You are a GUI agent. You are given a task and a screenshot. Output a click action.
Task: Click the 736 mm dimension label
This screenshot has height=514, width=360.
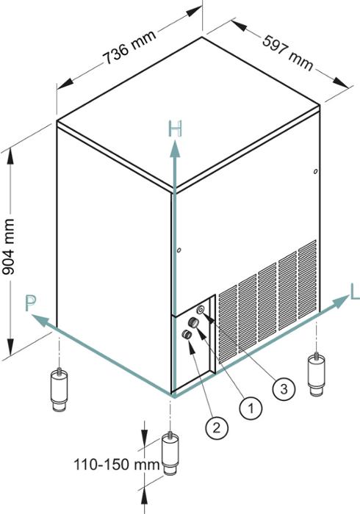tap(129, 48)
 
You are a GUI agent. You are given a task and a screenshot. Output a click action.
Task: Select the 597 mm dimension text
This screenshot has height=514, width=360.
tap(288, 53)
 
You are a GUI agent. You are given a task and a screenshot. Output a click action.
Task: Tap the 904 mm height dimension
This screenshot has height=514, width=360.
tap(8, 247)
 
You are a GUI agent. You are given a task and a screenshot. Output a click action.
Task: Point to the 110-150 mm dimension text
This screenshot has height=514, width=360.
tap(117, 465)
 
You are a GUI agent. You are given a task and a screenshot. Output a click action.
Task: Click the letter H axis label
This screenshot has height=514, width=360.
tap(175, 128)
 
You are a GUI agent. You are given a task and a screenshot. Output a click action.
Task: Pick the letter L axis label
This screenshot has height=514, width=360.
tap(355, 292)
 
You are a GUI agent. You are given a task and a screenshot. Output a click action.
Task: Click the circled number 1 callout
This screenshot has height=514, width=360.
tap(251, 408)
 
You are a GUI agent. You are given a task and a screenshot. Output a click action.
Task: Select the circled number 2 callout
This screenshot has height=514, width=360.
tap(217, 427)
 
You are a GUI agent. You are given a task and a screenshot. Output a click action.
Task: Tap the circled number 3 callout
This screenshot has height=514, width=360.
tap(284, 388)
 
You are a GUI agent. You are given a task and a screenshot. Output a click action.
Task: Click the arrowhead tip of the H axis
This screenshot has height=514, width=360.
tap(175, 140)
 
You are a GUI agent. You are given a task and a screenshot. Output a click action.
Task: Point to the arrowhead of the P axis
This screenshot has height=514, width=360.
tap(32, 315)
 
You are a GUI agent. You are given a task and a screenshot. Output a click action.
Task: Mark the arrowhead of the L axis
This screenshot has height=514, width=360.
tap(348, 295)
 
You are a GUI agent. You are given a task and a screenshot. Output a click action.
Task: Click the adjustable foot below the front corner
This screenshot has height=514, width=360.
tap(170, 453)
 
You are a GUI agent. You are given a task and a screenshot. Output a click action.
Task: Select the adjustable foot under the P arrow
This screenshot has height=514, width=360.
tap(59, 390)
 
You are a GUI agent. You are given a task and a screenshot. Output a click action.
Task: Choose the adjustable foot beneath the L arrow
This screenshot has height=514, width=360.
tap(317, 374)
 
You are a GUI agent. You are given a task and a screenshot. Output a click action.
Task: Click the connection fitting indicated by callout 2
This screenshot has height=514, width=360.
tap(187, 334)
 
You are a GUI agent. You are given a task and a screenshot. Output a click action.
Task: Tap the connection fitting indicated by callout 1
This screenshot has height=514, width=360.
tap(193, 322)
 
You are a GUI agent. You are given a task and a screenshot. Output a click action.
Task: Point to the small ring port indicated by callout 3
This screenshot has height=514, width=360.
tap(201, 309)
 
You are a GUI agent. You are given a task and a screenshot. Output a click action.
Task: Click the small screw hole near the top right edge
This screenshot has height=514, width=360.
tap(315, 171)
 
